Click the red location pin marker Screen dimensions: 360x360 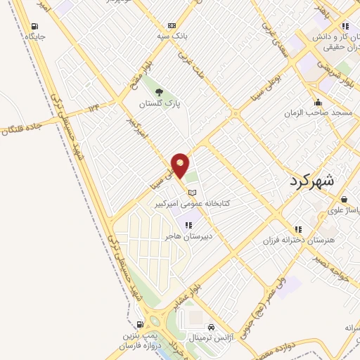[x=181, y=166]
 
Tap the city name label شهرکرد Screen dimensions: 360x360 [x=314, y=181]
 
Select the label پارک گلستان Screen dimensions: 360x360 [x=160, y=103]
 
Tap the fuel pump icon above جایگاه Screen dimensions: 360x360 [x=34, y=26]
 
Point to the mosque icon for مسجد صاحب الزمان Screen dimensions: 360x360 [x=320, y=101]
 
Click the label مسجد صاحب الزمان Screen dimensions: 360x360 [x=322, y=112]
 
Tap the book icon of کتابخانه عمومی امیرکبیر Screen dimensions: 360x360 [x=192, y=192]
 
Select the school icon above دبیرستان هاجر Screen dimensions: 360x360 [x=188, y=225]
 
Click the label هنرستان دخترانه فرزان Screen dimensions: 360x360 [x=296, y=240]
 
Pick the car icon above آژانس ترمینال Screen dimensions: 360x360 [x=211, y=327]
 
